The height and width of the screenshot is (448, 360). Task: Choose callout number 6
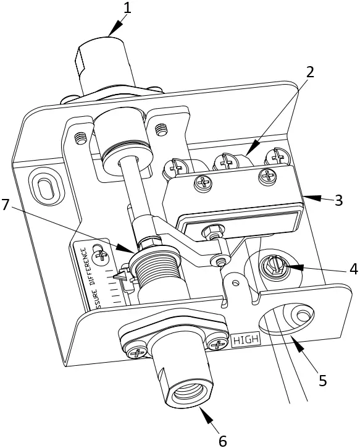click(x=222, y=439)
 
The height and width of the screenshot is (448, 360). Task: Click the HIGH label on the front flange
click(x=246, y=339)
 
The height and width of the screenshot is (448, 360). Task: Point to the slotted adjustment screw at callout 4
click(x=274, y=266)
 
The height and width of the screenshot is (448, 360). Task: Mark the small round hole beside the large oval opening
click(x=302, y=316)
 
